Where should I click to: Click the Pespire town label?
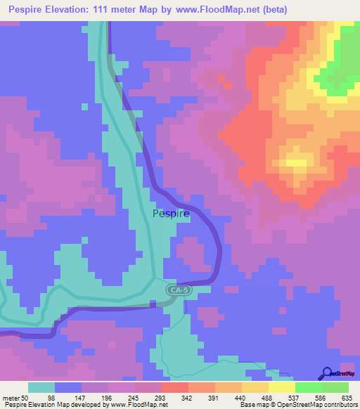point(171,214)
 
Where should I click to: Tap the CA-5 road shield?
point(179,290)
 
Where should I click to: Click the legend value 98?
point(69,398)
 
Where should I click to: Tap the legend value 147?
point(103,398)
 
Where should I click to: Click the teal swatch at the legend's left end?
point(41,387)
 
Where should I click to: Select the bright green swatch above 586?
point(309,387)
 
